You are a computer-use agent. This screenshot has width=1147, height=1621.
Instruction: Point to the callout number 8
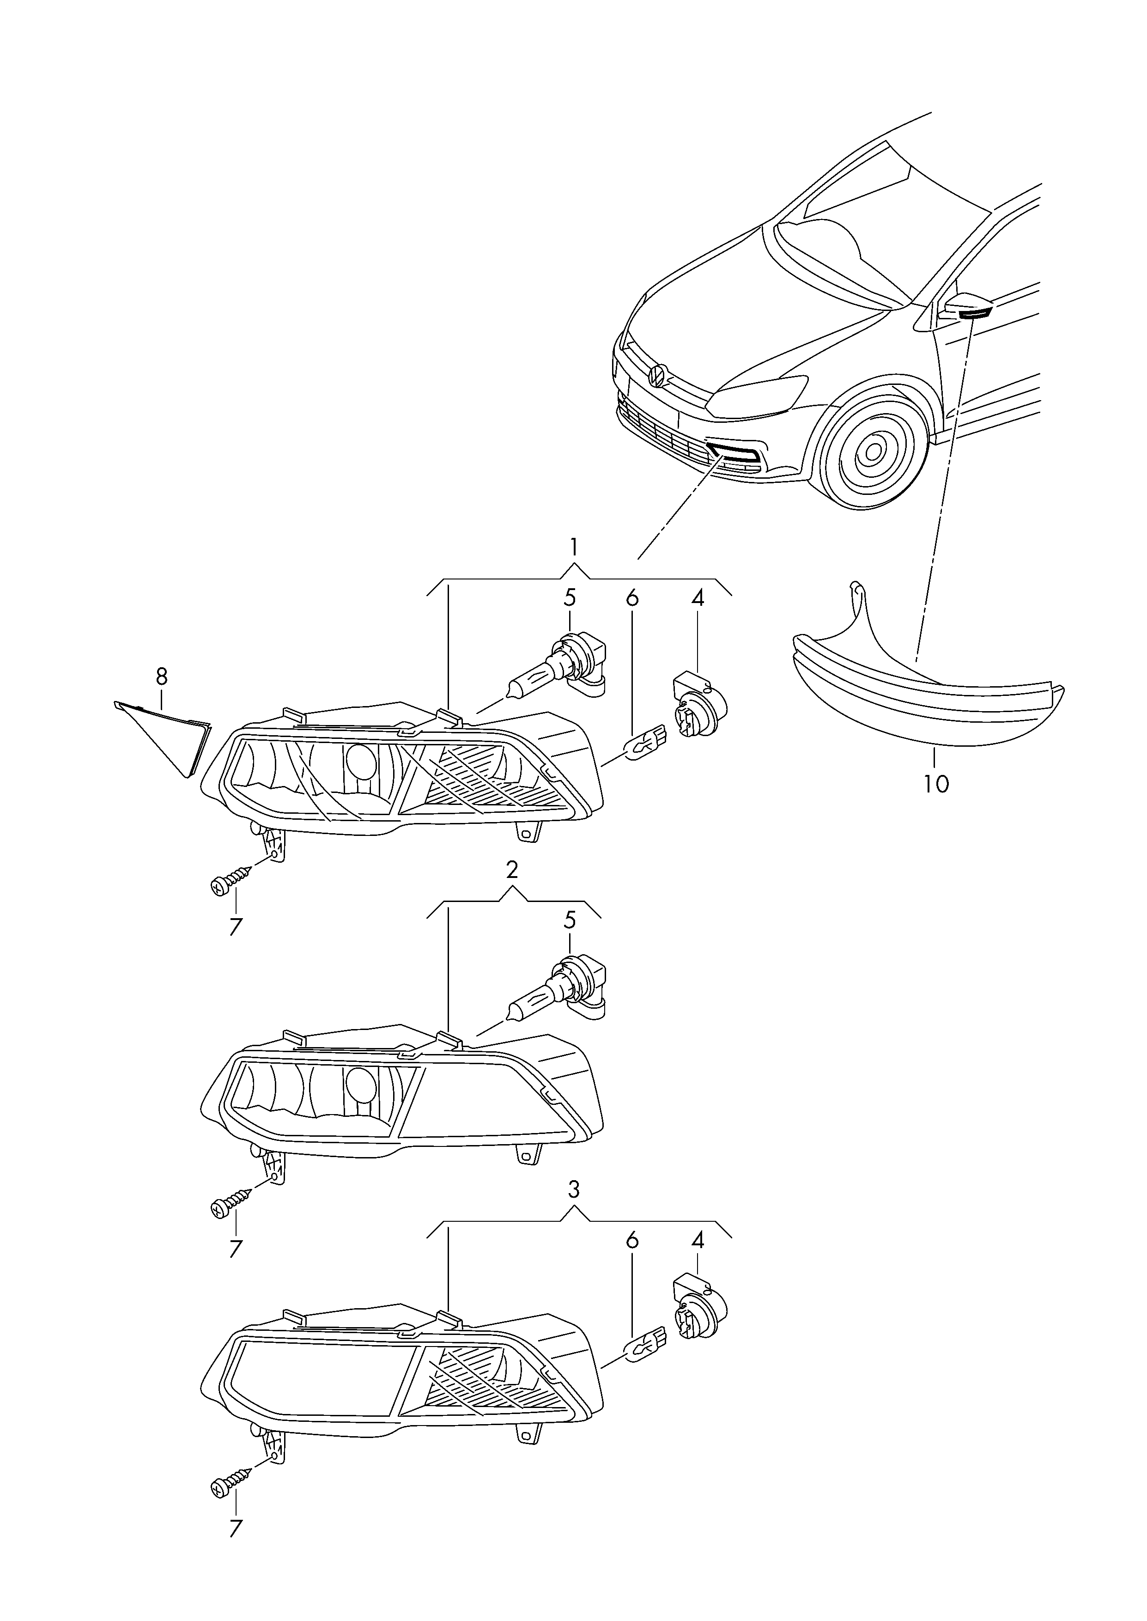click(162, 676)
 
